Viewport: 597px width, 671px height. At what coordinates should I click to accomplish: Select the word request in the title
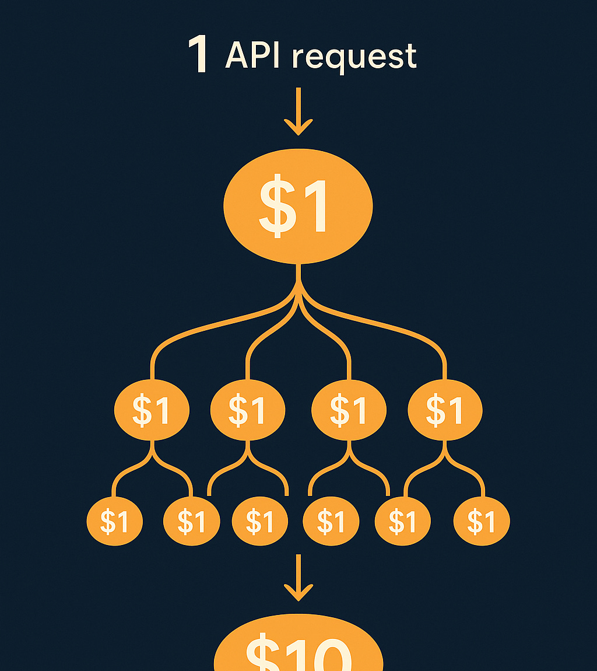(x=354, y=58)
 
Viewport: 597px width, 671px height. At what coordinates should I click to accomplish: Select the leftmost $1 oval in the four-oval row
(x=152, y=410)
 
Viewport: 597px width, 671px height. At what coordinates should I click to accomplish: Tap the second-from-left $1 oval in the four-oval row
(x=247, y=410)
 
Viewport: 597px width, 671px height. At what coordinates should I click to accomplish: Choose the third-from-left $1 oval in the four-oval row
(x=349, y=410)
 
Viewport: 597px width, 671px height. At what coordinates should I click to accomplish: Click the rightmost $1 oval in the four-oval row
(x=444, y=410)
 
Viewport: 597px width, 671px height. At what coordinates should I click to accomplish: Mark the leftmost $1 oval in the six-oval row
(x=114, y=521)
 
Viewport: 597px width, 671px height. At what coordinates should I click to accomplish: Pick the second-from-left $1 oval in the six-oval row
(x=191, y=521)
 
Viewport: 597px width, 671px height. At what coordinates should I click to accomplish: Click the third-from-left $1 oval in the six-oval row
(x=260, y=521)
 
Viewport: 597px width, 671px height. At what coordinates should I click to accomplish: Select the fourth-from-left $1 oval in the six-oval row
(x=331, y=521)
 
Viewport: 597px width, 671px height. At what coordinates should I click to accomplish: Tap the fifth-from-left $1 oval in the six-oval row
(x=402, y=521)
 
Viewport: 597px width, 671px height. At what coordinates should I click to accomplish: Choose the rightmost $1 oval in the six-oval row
(x=482, y=521)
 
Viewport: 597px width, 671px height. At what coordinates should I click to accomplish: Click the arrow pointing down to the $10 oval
(x=298, y=578)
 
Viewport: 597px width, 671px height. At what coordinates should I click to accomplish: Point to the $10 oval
(x=298, y=651)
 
